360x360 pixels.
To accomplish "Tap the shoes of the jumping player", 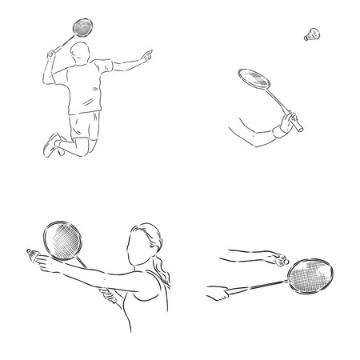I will click(53, 145).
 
